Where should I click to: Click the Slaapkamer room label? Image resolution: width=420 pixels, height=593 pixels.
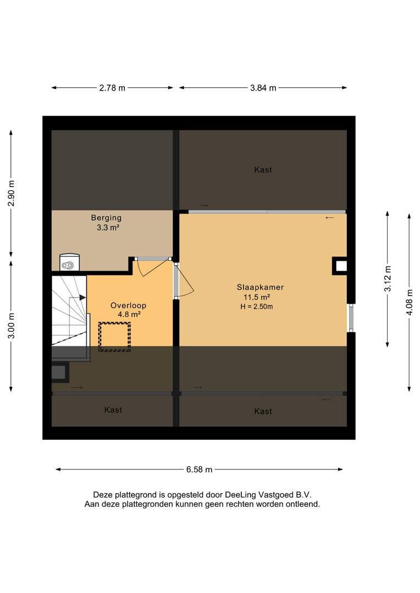260,287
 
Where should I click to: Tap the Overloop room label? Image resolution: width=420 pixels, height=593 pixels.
129,305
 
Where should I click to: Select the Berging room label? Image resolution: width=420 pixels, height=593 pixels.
107,218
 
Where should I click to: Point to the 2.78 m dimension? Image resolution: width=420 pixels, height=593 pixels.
112,88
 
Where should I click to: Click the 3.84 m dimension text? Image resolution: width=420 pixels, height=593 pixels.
263,88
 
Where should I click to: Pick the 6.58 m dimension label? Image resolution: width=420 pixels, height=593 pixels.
199,469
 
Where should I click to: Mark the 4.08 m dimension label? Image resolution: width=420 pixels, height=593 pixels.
410,302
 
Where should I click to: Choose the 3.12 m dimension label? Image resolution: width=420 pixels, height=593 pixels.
388,279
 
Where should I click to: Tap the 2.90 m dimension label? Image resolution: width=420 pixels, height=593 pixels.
12,193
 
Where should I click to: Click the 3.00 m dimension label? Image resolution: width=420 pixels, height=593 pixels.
12,326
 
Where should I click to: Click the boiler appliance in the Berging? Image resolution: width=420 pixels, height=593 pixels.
70,262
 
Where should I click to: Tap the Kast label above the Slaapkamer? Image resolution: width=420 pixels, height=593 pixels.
263,170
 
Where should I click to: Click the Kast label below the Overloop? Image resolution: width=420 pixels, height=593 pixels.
113,410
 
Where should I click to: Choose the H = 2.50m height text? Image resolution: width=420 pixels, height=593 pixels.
257,307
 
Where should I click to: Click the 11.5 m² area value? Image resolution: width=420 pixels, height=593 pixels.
257,297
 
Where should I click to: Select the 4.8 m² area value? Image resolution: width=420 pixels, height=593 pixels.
129,314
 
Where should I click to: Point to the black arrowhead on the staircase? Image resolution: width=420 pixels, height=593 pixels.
82,298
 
